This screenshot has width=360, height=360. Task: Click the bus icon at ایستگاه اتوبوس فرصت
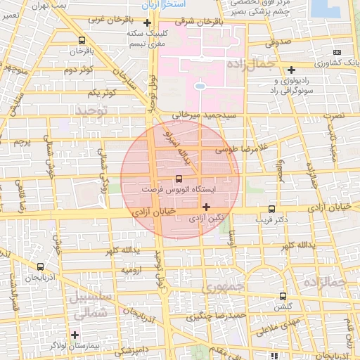(179, 179)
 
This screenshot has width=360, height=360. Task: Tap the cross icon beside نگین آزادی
(206, 207)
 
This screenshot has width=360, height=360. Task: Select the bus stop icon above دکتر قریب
(272, 209)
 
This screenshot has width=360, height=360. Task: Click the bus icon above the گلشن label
(283, 296)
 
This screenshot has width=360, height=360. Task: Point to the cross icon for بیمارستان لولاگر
(75, 334)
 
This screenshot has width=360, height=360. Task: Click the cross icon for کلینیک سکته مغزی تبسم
(146, 22)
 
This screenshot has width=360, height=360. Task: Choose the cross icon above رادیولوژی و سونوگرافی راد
(291, 69)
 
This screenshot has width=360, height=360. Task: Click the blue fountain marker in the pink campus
(200, 86)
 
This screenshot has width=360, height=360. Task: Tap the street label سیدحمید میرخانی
(211, 114)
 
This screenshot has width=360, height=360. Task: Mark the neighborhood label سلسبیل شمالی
(88, 304)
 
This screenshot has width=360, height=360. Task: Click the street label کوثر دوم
(80, 70)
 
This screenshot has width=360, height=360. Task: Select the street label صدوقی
(278, 42)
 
